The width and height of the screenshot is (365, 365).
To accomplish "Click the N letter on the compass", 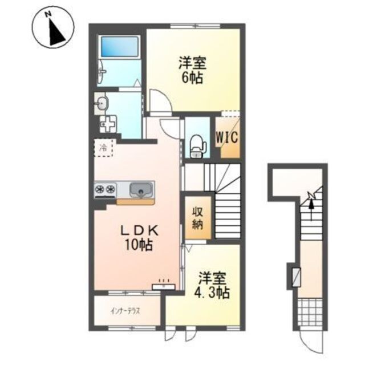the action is coord(48,14).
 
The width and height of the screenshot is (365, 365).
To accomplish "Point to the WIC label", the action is coord(228,137).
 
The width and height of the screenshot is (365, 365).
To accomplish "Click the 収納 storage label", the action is coord(198,218).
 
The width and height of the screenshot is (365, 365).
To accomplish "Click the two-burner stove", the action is coord(105,189).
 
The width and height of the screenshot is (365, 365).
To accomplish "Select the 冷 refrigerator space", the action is coord(103,148).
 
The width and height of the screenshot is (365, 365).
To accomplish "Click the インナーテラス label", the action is coord(125,311).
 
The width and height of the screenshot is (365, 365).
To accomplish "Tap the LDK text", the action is coord(139,232).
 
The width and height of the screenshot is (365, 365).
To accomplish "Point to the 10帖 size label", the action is coord(139,245).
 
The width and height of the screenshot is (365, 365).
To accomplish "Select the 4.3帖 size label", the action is coord(212,293).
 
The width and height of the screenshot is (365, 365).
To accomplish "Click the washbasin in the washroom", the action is coord(102,103).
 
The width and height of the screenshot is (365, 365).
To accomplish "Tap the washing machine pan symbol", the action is coord(108,124).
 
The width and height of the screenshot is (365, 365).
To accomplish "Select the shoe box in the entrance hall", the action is coord(297,277).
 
